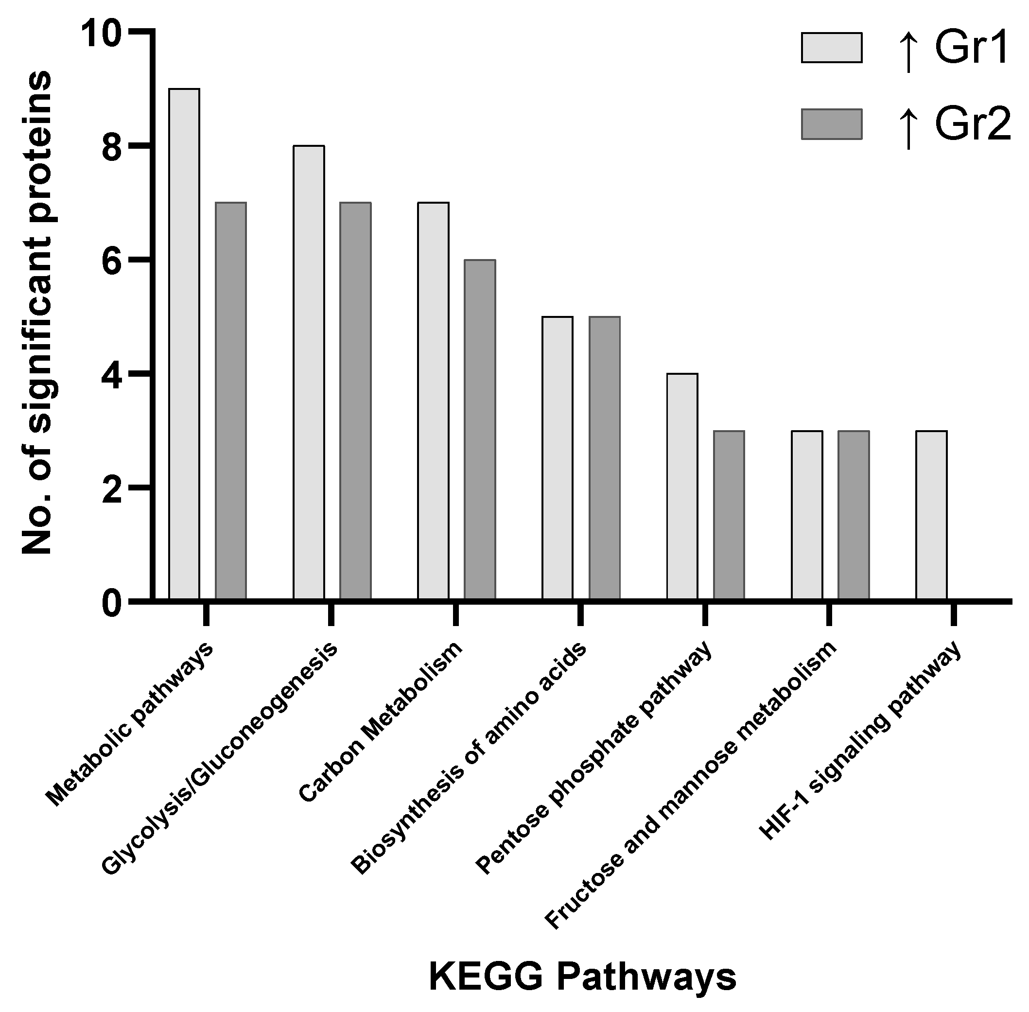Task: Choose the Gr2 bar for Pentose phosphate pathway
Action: (729, 515)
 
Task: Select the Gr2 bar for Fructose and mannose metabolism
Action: (854, 515)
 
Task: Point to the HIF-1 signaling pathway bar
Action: (931, 515)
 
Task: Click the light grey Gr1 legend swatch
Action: (831, 48)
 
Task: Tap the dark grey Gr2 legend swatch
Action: (831, 124)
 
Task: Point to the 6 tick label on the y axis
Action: (112, 260)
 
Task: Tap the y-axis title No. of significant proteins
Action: (37, 314)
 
